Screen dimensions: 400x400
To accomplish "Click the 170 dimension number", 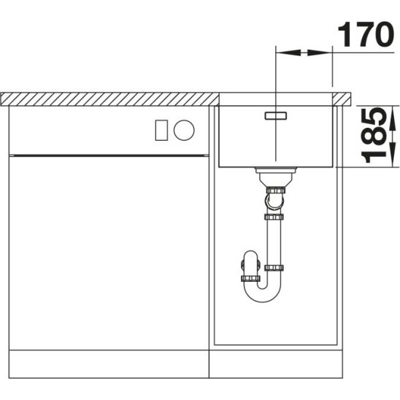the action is [x=366, y=34].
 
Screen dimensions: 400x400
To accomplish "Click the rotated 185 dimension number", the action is [x=374, y=136].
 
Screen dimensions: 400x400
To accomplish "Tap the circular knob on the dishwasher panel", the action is [x=184, y=130].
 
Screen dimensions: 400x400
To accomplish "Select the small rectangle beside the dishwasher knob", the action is [x=161, y=130].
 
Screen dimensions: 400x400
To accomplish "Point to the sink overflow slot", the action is [x=276, y=115].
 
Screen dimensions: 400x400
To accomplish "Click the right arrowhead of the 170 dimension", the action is [x=319, y=53].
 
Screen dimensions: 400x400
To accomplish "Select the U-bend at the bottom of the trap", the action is [x=263, y=295].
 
